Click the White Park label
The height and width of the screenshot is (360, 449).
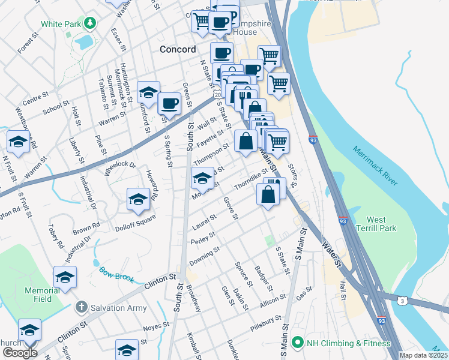point(61,25)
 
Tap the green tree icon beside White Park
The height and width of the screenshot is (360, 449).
point(90,23)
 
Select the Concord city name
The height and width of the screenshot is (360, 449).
point(178,49)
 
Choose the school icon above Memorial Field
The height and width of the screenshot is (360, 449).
point(65,277)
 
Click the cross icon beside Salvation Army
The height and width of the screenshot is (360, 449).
point(82,308)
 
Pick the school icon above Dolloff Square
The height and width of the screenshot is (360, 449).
point(138,200)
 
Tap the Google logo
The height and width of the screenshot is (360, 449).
point(20,352)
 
